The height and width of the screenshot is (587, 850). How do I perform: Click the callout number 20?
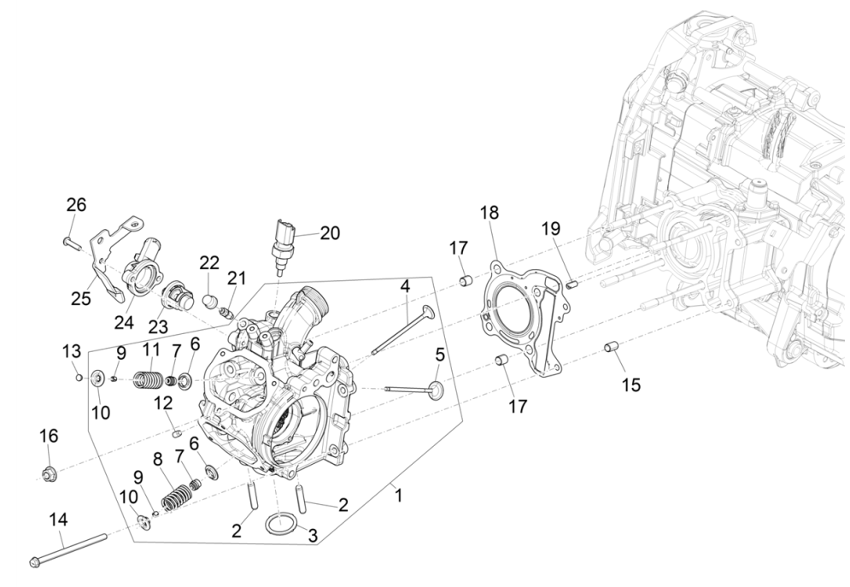pyautogui.click(x=330, y=232)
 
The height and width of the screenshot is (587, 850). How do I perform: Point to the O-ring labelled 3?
pyautogui.click(x=281, y=523)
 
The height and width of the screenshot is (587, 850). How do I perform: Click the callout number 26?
pyautogui.click(x=77, y=205)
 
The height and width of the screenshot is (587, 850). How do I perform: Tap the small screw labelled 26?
pyautogui.click(x=71, y=244)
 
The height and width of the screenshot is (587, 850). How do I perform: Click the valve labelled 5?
pyautogui.click(x=419, y=390)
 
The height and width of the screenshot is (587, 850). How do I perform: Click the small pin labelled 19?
pyautogui.click(x=574, y=283)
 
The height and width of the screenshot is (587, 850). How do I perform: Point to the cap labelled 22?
pyautogui.click(x=209, y=302)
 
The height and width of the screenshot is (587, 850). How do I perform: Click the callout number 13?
pyautogui.click(x=72, y=351)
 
